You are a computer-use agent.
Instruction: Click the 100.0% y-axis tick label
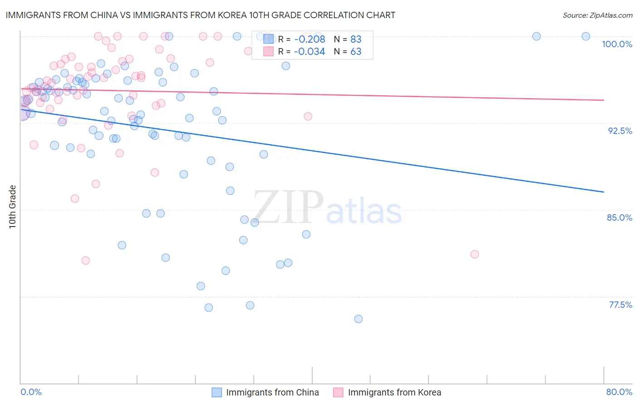coord(617,44)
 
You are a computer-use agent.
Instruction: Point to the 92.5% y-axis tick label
coord(620,131)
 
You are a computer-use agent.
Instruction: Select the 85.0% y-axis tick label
coord(619,217)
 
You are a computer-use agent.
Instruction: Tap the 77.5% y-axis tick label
coord(620,305)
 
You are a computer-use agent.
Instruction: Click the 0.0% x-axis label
coord(31,392)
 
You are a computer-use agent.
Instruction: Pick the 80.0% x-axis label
coord(619,392)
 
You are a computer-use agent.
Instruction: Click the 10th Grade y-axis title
coord(12,207)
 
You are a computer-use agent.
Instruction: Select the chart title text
coord(200,15)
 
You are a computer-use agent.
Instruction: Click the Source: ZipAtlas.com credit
coord(597,15)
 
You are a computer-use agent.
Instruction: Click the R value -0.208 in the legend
coord(309,39)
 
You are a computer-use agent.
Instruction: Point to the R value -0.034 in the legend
coord(309,52)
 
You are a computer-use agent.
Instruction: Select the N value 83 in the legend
coord(356,39)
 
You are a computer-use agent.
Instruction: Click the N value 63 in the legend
coord(356,52)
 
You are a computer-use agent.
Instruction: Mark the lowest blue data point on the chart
coord(358,319)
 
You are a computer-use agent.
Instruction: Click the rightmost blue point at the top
coord(586,36)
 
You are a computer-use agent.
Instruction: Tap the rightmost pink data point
coord(475,254)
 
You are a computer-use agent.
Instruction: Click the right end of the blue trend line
coord(604,192)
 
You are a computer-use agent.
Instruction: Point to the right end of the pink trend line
coord(604,100)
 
